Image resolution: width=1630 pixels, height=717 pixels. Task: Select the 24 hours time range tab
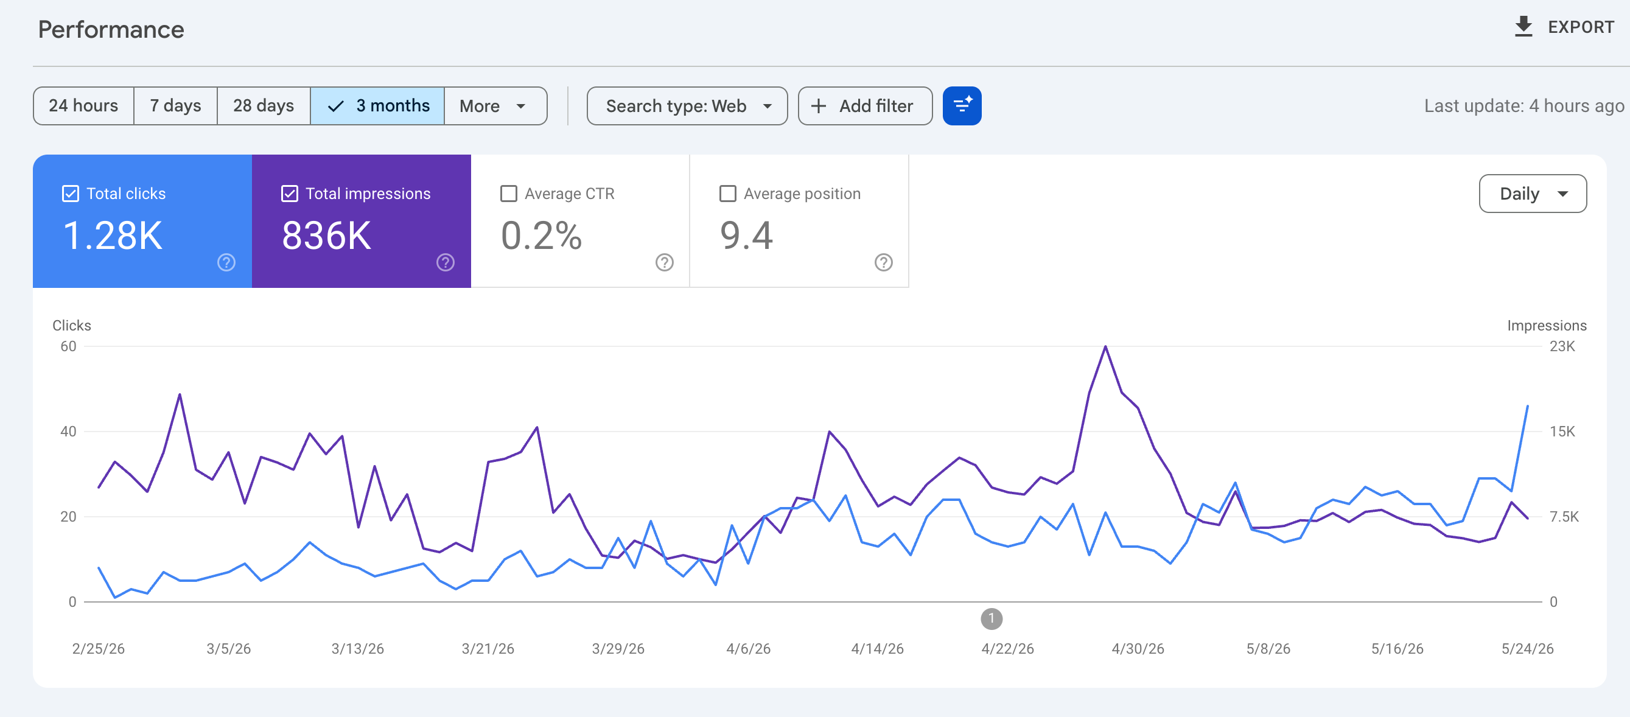pos(83,106)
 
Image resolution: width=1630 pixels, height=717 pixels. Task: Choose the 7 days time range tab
pos(175,106)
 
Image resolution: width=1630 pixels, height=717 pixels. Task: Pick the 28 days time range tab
pos(263,106)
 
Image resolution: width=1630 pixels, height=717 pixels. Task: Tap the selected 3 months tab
pos(378,106)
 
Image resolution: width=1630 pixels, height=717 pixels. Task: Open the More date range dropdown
pos(495,106)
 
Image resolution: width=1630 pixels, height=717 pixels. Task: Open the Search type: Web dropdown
pos(687,106)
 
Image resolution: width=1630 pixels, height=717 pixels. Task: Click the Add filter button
pos(865,106)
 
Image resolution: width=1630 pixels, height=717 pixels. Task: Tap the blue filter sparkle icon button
pos(962,106)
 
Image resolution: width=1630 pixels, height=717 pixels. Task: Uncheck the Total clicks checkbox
pos(70,194)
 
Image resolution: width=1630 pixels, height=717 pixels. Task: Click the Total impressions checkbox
pos(289,194)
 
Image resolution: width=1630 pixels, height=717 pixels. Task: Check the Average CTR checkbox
pos(509,194)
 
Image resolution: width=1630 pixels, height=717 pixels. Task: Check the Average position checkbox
pos(728,194)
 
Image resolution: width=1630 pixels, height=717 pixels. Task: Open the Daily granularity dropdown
pos(1533,194)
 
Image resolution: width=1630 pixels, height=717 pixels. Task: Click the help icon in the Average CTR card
pos(665,262)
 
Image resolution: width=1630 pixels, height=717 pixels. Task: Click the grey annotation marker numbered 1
pos(992,618)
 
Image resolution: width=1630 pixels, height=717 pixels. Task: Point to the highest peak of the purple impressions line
pos(1105,347)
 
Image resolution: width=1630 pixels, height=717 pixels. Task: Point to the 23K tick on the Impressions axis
pos(1562,346)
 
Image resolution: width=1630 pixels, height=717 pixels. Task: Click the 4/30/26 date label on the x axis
pos(1138,649)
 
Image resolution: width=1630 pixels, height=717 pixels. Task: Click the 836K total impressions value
pos(326,236)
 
